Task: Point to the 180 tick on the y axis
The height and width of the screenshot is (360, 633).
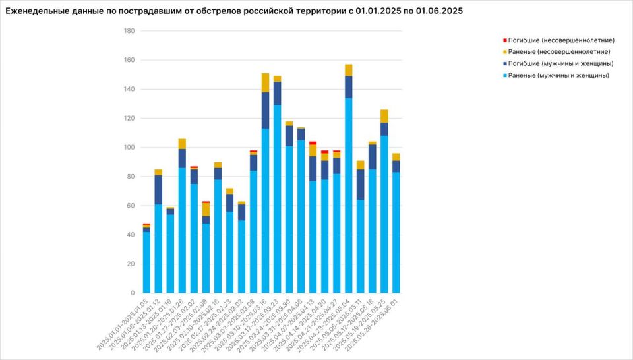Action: tap(129, 31)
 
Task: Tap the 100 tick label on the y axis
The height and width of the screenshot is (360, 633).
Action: tap(129, 148)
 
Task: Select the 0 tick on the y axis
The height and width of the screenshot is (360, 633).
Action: tap(133, 293)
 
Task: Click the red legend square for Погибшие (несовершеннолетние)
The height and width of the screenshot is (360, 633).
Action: tap(505, 40)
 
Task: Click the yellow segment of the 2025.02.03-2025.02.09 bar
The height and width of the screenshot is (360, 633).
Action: tap(206, 209)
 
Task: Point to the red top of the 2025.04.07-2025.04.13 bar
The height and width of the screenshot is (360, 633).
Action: tap(313, 142)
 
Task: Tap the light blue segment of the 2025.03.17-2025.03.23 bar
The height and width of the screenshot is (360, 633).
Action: tap(277, 198)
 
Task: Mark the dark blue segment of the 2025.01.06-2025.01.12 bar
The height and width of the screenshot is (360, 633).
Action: tap(158, 190)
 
